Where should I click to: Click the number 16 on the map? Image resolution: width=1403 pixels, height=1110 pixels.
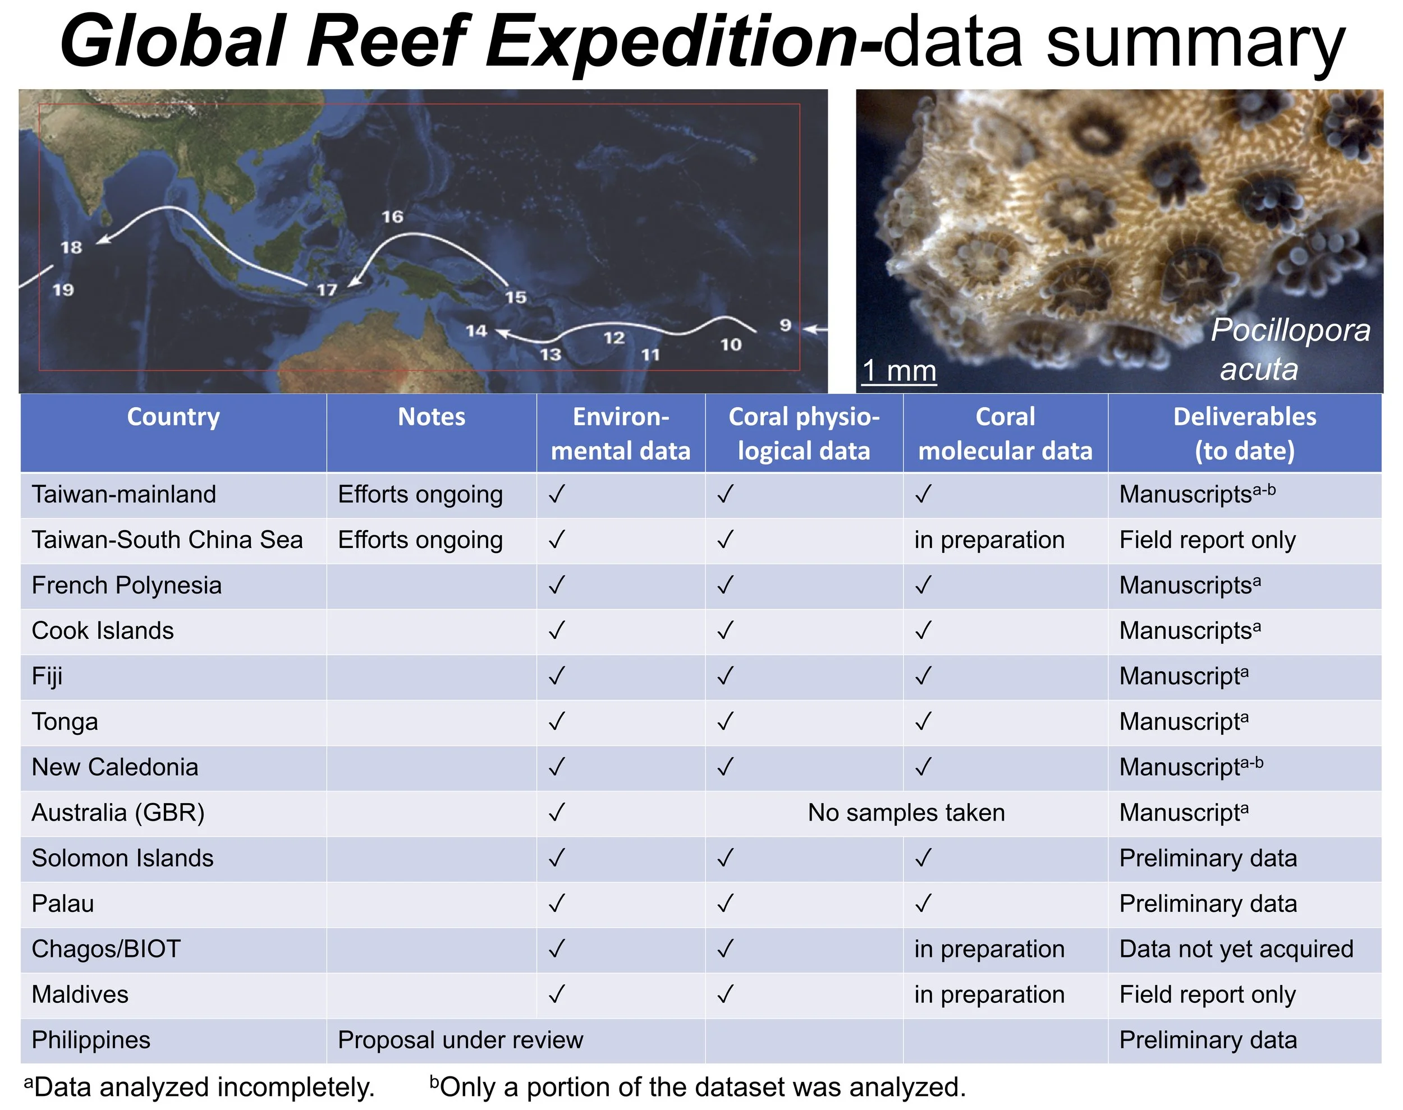point(392,217)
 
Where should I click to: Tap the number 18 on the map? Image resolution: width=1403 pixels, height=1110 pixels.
point(71,247)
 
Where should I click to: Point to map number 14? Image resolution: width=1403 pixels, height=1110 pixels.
point(476,331)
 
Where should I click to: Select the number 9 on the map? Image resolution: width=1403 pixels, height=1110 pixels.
point(785,324)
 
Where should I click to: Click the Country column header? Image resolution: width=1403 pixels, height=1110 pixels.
point(173,417)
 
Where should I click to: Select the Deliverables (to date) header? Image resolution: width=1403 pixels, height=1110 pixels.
point(1244,434)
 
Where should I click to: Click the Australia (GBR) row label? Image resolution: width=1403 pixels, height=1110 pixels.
point(118,813)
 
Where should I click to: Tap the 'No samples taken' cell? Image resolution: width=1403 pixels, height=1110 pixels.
point(906,813)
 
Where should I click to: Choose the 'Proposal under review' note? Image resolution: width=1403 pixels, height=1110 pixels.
point(460,1040)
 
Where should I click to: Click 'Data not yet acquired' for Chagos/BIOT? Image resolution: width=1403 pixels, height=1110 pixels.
point(1236,950)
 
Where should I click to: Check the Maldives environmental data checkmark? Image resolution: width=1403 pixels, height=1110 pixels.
point(557,994)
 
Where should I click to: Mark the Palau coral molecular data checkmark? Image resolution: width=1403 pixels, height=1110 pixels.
point(923,904)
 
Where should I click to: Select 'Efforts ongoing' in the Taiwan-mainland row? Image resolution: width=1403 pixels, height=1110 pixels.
point(420,495)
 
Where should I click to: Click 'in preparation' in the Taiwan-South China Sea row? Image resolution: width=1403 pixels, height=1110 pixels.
point(989,540)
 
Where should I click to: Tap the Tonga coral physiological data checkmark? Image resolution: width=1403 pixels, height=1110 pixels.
point(725,721)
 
